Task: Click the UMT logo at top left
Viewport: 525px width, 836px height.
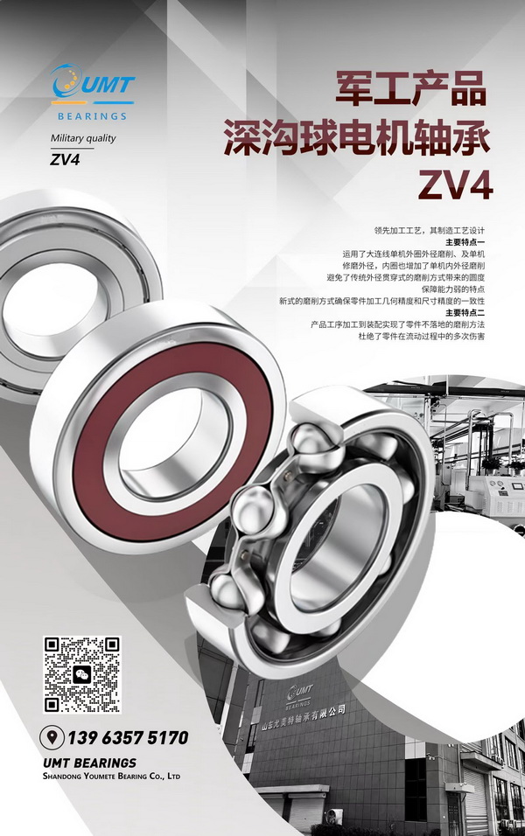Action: (92, 85)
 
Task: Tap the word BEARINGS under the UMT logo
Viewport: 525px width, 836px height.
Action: (92, 116)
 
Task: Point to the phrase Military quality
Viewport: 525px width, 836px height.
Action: (83, 138)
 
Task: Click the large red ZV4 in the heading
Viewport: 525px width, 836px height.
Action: (455, 185)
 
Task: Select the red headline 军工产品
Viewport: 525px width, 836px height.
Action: (411, 88)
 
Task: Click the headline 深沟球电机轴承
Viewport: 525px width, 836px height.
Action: (356, 137)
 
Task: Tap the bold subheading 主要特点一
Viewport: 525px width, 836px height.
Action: (465, 242)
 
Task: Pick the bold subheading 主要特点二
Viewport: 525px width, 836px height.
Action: (465, 312)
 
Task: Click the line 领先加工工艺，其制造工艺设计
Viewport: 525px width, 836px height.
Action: (430, 231)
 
